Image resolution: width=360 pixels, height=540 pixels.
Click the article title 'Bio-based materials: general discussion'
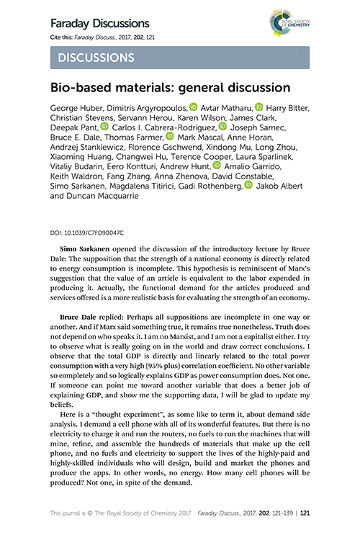tap(169, 88)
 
